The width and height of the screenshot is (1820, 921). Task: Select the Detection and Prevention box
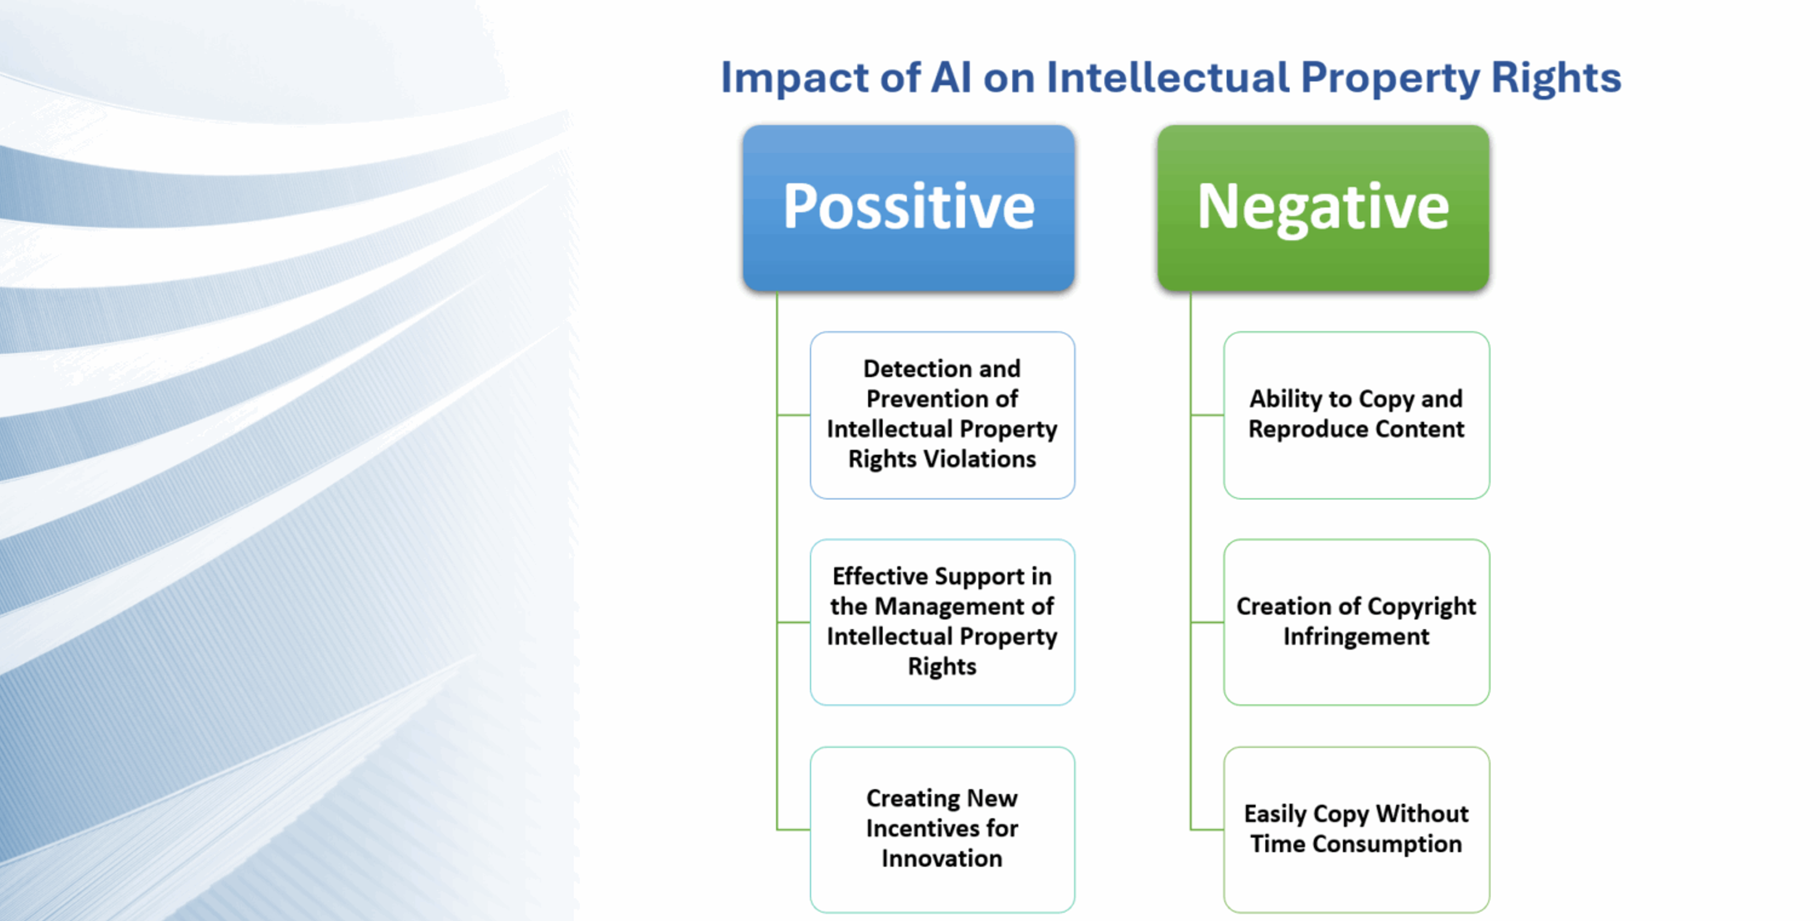[942, 415]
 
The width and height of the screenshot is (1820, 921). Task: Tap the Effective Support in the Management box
[942, 622]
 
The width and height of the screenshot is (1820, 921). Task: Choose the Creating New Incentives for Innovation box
[942, 829]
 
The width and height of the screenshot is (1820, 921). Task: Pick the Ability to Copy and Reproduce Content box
[1356, 415]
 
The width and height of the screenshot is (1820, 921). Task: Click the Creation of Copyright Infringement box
[1356, 622]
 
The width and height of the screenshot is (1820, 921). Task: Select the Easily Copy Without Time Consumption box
[1356, 829]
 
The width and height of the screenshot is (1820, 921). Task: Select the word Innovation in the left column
[942, 859]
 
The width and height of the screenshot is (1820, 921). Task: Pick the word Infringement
[1356, 637]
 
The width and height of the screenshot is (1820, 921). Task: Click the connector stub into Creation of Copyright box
[1207, 623]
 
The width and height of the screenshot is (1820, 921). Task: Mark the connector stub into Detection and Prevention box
[793, 415]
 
